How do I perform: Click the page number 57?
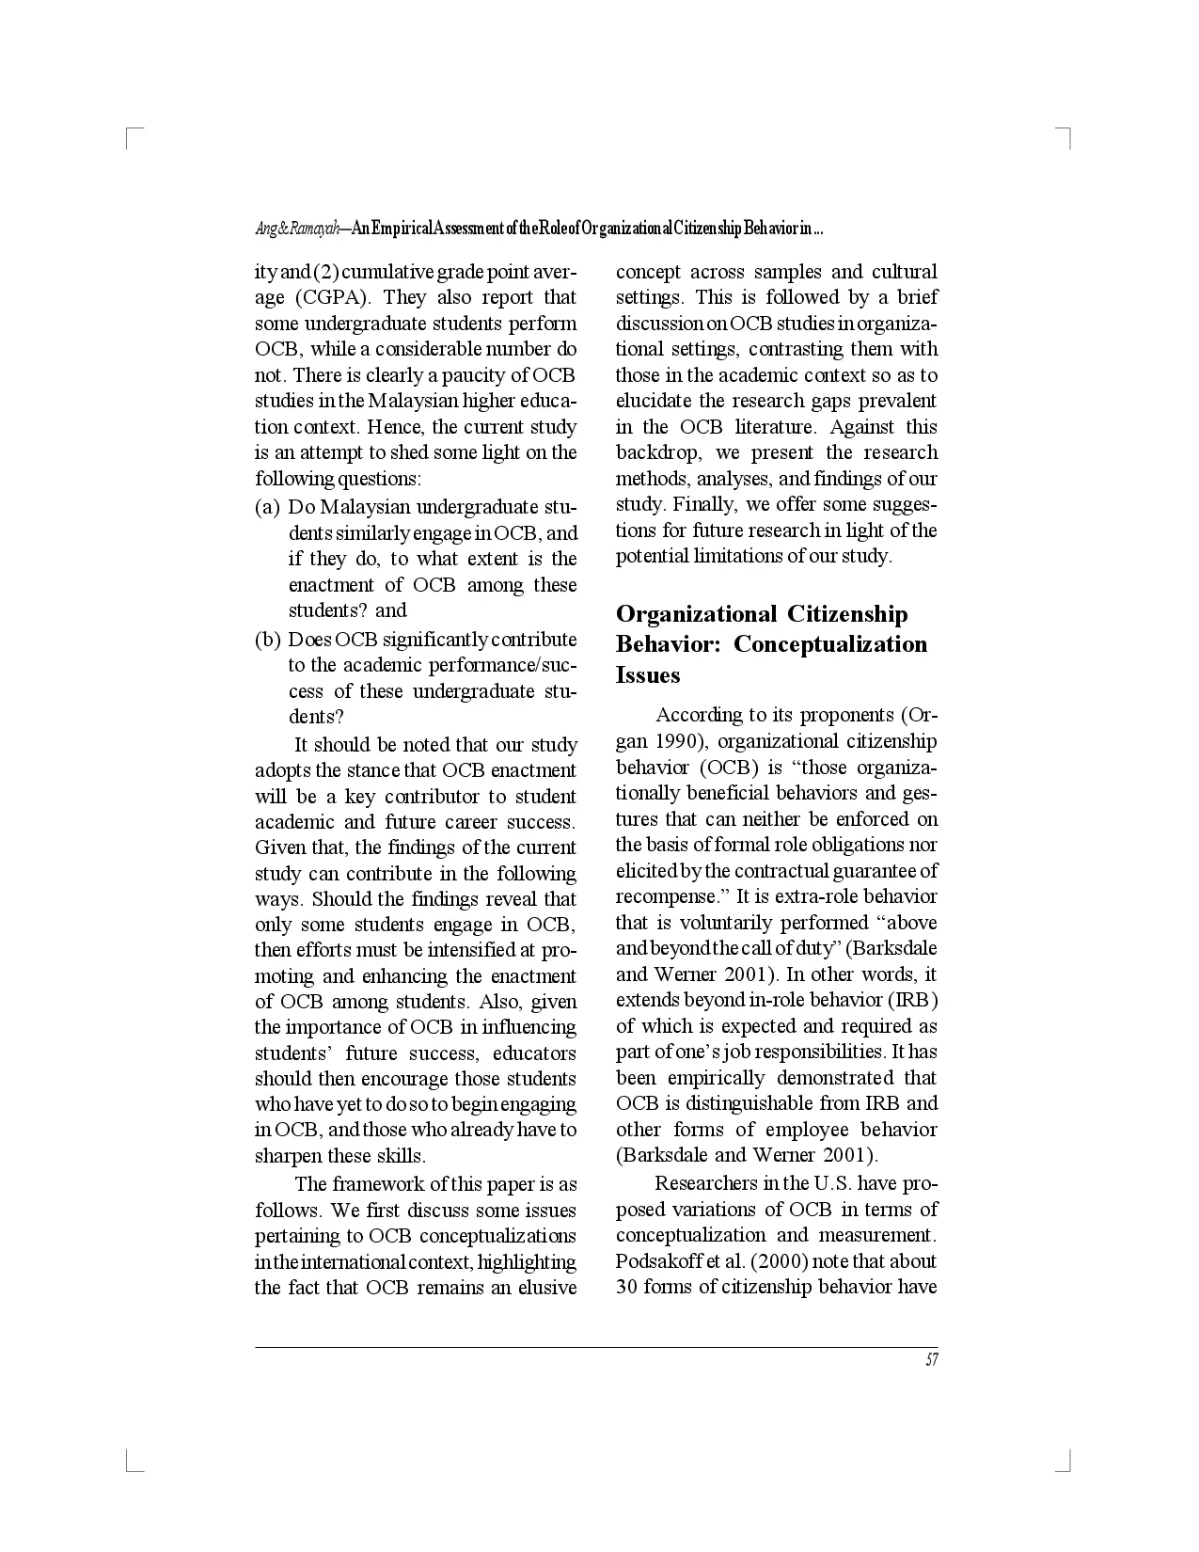[931, 1360]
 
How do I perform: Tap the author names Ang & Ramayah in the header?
[297, 230]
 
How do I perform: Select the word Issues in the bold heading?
[648, 675]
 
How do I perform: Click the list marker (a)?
[268, 508]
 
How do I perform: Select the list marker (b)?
[268, 641]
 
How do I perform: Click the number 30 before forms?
[627, 1288]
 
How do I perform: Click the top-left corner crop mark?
[130, 133]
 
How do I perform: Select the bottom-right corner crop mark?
[1066, 1464]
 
